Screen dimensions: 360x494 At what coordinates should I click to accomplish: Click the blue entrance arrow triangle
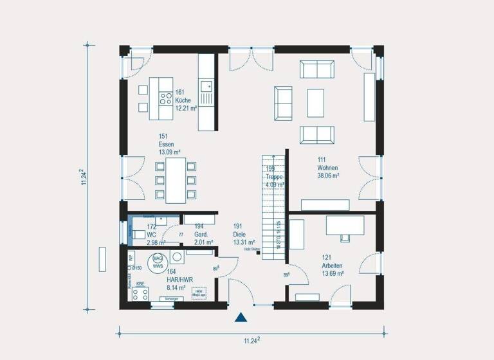[241, 317]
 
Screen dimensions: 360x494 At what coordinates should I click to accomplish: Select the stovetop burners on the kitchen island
[165, 99]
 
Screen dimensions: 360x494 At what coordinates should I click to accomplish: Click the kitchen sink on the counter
[207, 85]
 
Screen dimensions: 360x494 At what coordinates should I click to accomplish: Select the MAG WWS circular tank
[158, 263]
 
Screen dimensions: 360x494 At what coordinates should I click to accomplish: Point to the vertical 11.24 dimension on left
[83, 177]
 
